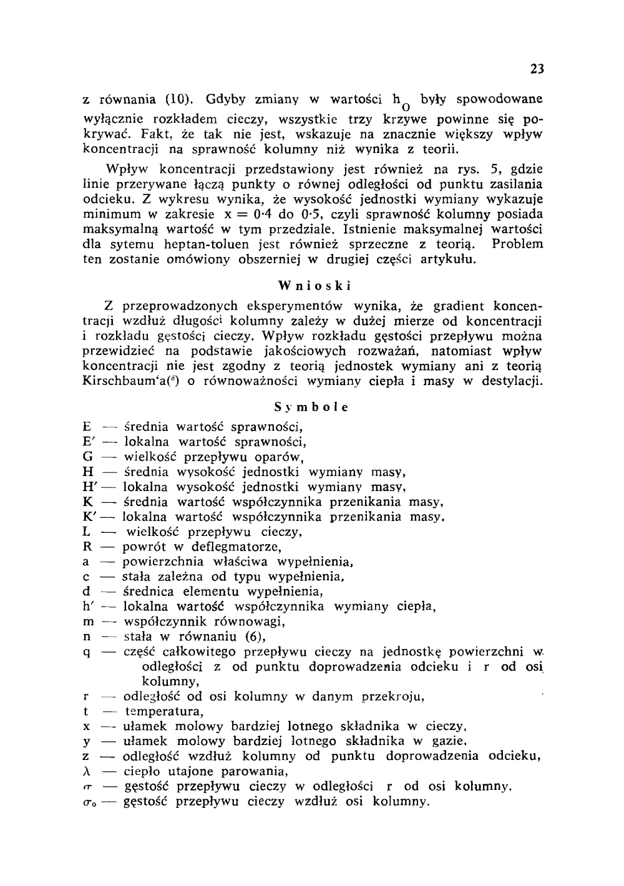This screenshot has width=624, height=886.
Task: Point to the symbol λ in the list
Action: pyautogui.click(x=87, y=771)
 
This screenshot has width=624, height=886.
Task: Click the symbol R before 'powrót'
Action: pyautogui.click(x=87, y=547)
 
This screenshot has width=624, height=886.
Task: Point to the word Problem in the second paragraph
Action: pyautogui.click(x=517, y=244)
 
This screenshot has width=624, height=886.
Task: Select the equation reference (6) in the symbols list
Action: pyautogui.click(x=255, y=637)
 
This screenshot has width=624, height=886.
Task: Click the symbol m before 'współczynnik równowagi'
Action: pyautogui.click(x=87, y=622)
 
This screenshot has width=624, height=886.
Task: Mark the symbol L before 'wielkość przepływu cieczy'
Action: pyautogui.click(x=87, y=532)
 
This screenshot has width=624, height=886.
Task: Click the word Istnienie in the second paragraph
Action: pyautogui.click(x=370, y=229)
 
